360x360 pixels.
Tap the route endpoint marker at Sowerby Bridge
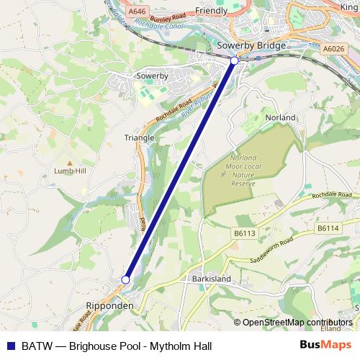(234, 62)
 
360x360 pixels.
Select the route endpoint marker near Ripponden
(125, 279)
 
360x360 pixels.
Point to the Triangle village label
(139, 138)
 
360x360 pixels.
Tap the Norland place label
(281, 117)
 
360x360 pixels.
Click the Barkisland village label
(210, 278)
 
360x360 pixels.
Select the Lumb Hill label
(70, 171)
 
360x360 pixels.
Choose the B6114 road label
(328, 228)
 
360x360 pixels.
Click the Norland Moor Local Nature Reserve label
(248, 171)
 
